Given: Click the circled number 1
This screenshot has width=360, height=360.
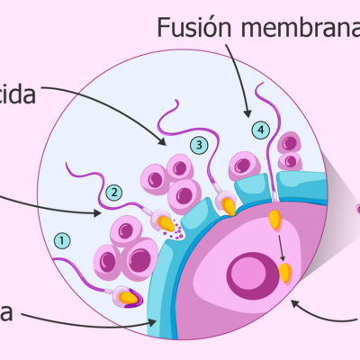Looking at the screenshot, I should click(61, 240).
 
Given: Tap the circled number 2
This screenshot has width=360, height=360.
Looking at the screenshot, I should click(113, 192).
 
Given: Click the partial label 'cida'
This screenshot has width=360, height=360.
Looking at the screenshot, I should click(17, 94).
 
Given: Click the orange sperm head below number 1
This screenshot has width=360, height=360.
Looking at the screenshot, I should click(129, 296).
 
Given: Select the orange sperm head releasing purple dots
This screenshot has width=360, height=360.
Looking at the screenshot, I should click(166, 221).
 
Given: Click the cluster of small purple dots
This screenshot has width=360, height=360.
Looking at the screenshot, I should click(176, 233).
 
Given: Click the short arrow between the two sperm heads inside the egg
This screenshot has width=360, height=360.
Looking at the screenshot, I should click(280, 246).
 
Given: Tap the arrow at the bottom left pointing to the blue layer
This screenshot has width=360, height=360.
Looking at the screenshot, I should click(90, 317).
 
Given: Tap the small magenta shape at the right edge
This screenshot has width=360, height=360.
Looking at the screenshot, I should click(356, 209).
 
